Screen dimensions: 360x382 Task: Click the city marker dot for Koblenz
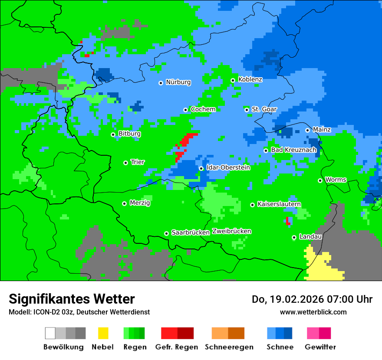coord(233,80)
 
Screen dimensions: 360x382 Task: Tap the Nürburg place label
coord(178,82)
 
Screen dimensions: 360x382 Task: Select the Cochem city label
coord(203,109)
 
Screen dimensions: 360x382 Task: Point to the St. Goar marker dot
coord(247,110)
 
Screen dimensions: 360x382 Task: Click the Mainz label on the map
coord(322,130)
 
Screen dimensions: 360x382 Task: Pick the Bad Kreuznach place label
coord(293,150)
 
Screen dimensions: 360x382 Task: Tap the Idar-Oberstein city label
coord(228,167)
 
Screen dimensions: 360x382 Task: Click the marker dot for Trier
coord(125,163)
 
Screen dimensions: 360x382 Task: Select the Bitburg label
coord(129,134)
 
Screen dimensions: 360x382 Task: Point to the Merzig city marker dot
coord(124,203)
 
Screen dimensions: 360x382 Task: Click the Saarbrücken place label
coord(191,232)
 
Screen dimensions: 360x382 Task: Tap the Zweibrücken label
coord(231,231)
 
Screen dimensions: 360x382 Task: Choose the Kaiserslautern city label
coord(279,204)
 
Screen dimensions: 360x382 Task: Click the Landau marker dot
coord(294,237)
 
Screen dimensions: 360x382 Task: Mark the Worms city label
coord(336,180)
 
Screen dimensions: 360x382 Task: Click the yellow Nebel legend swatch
coord(103,333)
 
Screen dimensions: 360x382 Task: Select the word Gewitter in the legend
coord(320,347)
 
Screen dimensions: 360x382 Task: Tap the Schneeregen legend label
coord(227,347)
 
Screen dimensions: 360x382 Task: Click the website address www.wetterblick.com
coord(313,312)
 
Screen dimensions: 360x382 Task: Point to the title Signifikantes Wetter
coord(72,299)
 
